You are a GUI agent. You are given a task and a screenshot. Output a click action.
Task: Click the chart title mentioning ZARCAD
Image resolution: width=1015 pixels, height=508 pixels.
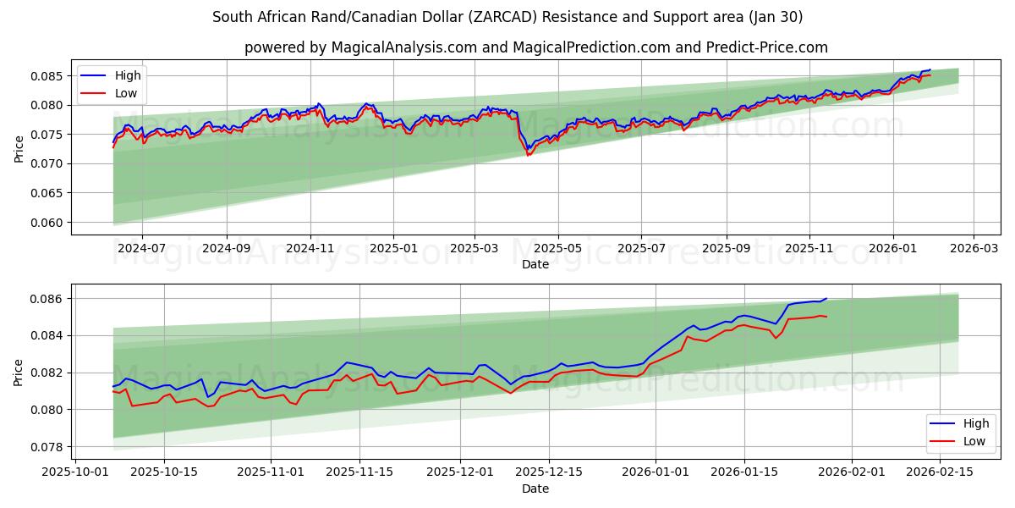pyautogui.click(x=507, y=17)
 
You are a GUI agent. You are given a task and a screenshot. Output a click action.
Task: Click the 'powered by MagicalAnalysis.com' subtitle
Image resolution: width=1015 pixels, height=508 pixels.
pyautogui.click(x=536, y=47)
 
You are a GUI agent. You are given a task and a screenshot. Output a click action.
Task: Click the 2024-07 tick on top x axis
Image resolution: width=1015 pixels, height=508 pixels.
pyautogui.click(x=141, y=248)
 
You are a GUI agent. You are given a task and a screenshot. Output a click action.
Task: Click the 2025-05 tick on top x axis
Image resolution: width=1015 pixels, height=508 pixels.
pyautogui.click(x=558, y=248)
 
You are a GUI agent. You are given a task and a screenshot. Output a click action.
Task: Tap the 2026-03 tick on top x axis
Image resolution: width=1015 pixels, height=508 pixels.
pyautogui.click(x=973, y=248)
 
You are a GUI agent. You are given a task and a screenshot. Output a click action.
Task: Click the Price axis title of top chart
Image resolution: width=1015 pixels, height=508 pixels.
pyautogui.click(x=19, y=147)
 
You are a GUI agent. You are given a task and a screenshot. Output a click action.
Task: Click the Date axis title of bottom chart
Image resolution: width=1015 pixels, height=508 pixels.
pyautogui.click(x=535, y=489)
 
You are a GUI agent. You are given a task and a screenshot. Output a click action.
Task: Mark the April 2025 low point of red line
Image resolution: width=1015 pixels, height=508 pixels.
pyautogui.click(x=529, y=155)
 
